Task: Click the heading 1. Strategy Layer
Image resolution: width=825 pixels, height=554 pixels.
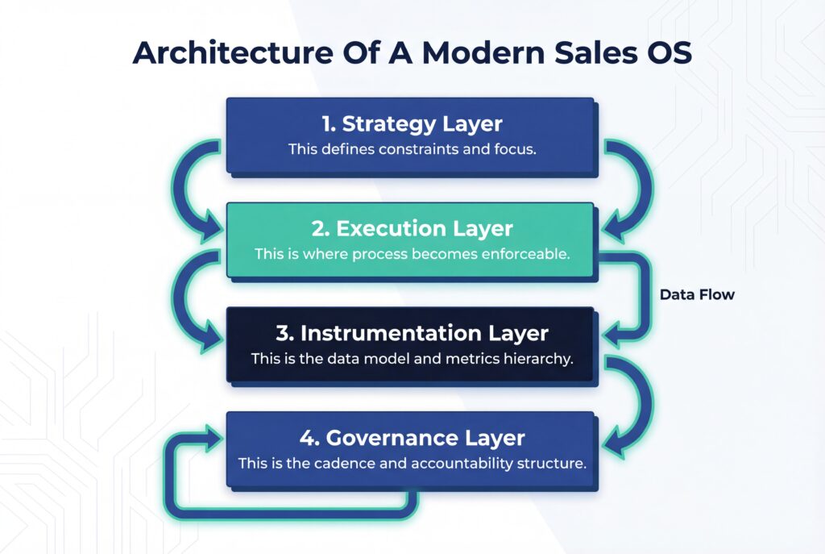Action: [411, 124]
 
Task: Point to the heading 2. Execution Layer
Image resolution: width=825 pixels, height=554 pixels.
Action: [411, 228]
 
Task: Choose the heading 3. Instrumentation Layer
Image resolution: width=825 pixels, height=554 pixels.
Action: [411, 333]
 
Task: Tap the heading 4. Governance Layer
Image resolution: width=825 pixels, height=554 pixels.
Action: [411, 438]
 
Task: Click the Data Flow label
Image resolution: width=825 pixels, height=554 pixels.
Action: [697, 295]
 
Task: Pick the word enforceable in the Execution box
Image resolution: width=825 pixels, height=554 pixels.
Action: [525, 253]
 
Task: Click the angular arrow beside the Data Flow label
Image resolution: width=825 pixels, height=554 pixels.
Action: [641, 294]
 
